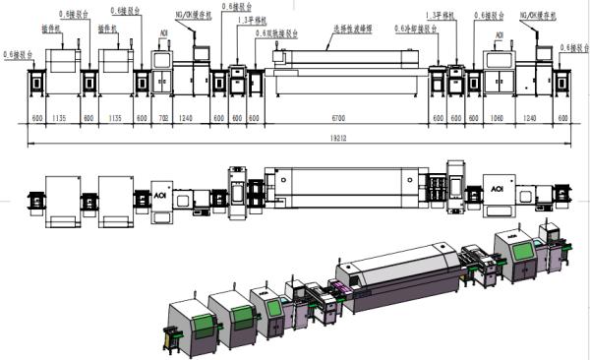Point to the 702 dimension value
click(x=165, y=116)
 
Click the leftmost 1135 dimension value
click(x=60, y=116)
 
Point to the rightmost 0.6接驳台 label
click(x=574, y=46)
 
